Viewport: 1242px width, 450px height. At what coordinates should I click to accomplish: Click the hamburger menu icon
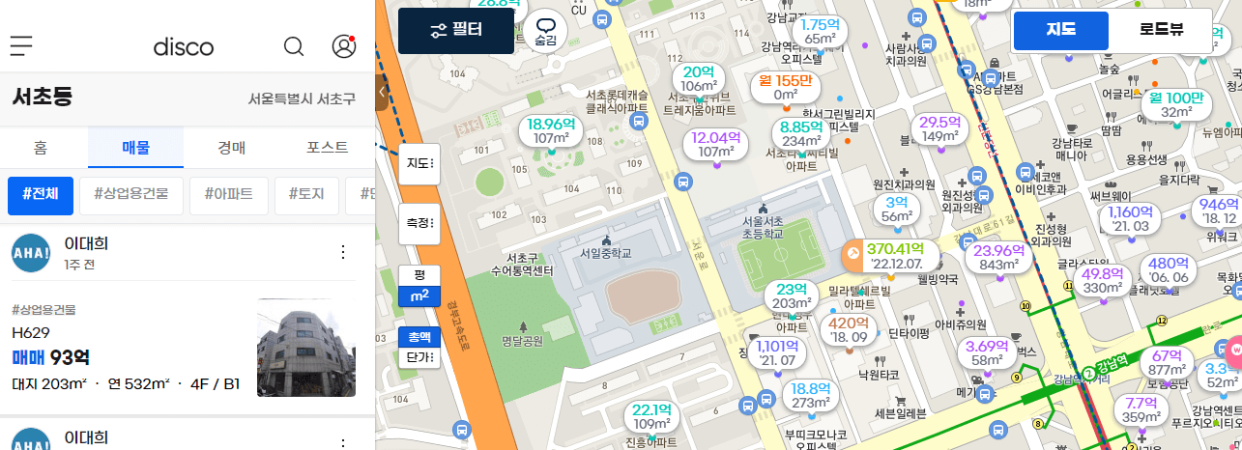pyautogui.click(x=21, y=45)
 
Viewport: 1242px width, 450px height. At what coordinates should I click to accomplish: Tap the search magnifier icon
pyautogui.click(x=294, y=46)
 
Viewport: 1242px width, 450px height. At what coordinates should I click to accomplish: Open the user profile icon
pyautogui.click(x=343, y=46)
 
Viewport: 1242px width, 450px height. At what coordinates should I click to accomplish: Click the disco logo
pyautogui.click(x=184, y=46)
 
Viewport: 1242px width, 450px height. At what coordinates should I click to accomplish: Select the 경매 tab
pyautogui.click(x=230, y=148)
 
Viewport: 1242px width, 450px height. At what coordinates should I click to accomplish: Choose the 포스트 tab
pyautogui.click(x=327, y=148)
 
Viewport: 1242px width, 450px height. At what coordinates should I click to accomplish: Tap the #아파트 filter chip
pyautogui.click(x=228, y=194)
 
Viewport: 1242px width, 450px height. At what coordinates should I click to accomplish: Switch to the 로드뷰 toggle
pyautogui.click(x=1161, y=30)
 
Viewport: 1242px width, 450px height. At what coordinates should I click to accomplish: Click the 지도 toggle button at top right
pyautogui.click(x=1060, y=30)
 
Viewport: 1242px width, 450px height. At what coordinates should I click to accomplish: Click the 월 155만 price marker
pyautogui.click(x=785, y=87)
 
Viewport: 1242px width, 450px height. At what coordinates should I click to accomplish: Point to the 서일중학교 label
pyautogui.click(x=605, y=253)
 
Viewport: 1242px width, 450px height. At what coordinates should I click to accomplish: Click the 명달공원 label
pyautogui.click(x=524, y=340)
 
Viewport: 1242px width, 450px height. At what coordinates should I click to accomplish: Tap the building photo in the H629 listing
pyautogui.click(x=306, y=348)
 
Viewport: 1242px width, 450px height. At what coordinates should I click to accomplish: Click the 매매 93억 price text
pyautogui.click(x=51, y=357)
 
